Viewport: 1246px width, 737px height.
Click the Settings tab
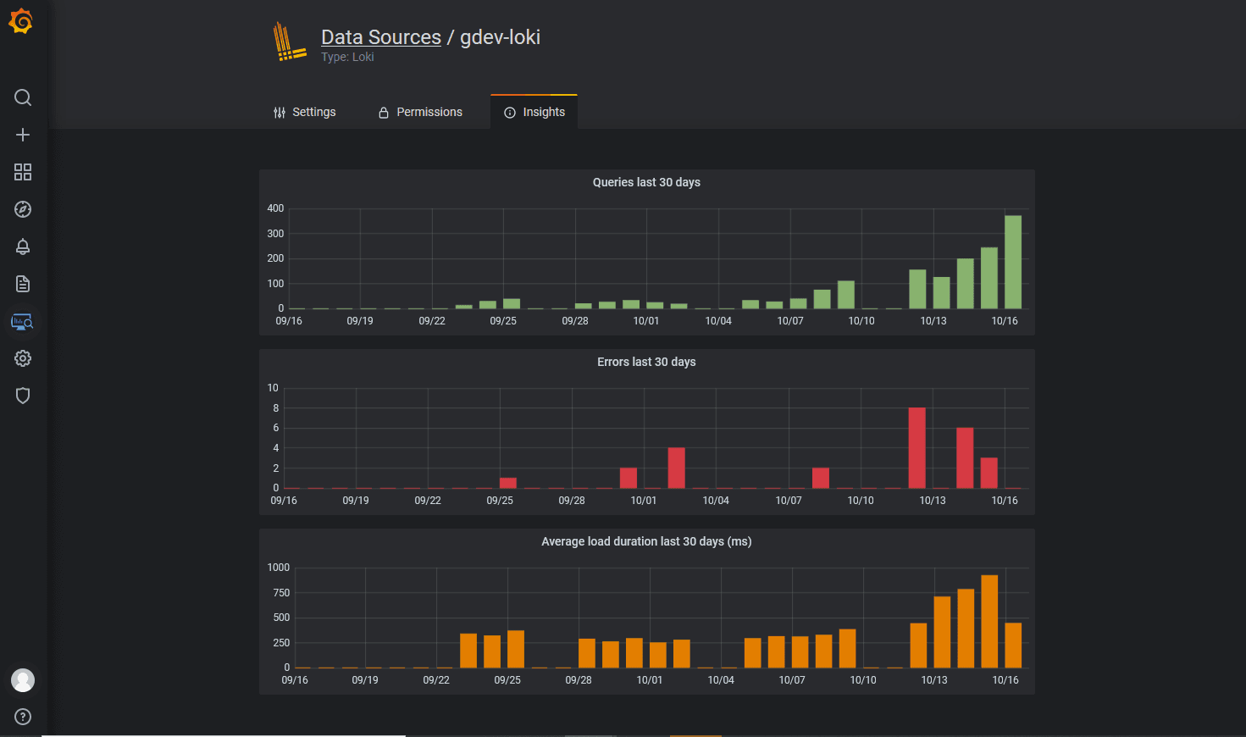(x=305, y=112)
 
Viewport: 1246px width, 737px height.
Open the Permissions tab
(x=420, y=112)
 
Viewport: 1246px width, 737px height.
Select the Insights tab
(x=534, y=112)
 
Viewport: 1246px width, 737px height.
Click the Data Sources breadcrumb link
(x=381, y=37)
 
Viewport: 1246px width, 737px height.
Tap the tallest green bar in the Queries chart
(x=1013, y=262)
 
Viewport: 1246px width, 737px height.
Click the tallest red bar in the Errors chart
(x=917, y=448)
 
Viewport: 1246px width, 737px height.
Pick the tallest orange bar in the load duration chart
(x=989, y=622)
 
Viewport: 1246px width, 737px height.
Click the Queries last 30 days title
(x=646, y=182)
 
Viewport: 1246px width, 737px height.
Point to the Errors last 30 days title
(x=646, y=362)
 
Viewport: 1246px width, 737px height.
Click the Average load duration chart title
(x=646, y=541)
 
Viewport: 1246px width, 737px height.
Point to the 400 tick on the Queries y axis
(x=275, y=208)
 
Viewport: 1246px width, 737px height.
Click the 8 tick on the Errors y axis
(x=275, y=408)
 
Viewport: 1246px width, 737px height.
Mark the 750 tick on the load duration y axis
(x=281, y=593)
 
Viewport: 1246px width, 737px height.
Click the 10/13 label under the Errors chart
(x=933, y=501)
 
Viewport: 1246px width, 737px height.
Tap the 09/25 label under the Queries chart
(x=503, y=321)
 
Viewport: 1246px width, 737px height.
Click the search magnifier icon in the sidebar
(x=23, y=97)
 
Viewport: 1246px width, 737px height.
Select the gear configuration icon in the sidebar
(x=23, y=358)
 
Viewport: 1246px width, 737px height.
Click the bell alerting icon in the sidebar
(x=23, y=247)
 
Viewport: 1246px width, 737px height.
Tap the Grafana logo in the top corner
(x=21, y=22)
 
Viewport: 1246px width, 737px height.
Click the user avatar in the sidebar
(x=23, y=680)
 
